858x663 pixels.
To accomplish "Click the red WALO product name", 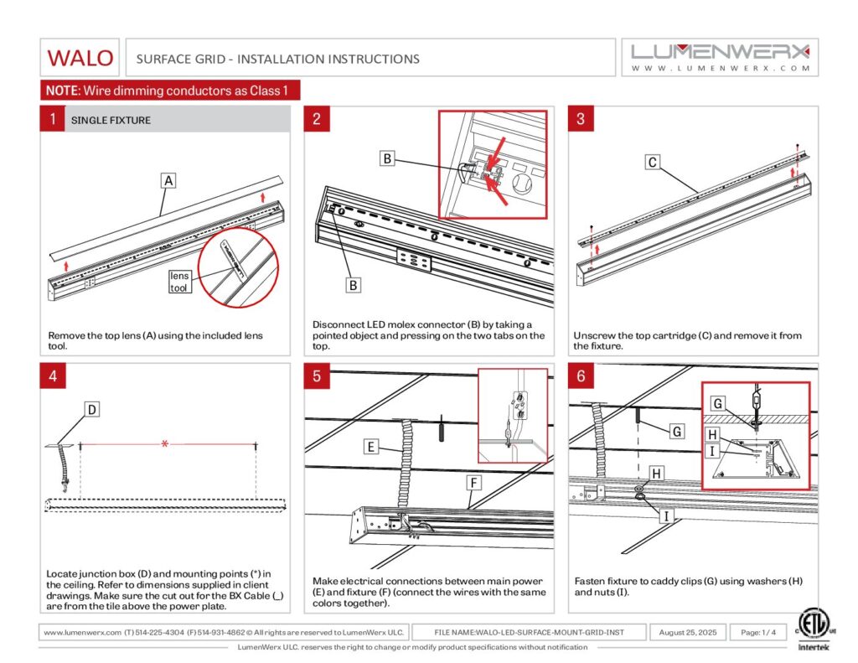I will tap(80, 58).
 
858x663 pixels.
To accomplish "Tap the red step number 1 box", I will tap(52, 120).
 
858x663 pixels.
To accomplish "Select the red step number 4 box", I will tap(52, 376).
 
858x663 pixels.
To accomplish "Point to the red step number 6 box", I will tap(581, 376).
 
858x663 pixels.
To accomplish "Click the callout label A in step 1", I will tap(168, 180).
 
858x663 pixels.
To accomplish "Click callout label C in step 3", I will tap(653, 163).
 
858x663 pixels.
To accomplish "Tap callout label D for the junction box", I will tap(92, 409).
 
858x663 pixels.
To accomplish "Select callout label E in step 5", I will tap(370, 447).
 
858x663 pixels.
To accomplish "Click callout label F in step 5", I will tap(474, 483).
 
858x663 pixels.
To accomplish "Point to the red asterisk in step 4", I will tap(165, 443).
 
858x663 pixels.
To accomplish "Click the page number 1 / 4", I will tap(757, 632).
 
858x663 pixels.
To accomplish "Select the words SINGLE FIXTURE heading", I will tap(111, 121).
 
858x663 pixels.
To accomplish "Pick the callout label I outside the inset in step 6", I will tap(666, 516).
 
